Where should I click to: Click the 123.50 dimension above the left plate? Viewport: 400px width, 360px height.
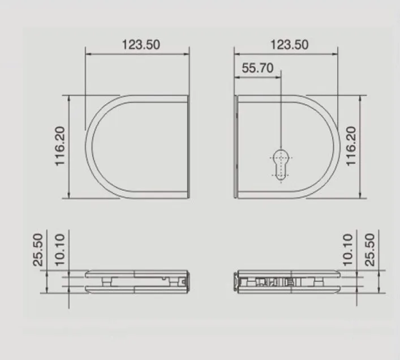click(x=141, y=44)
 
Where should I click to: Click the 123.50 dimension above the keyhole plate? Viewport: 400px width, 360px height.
click(x=290, y=44)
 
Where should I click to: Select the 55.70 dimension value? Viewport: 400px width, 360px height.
click(x=257, y=68)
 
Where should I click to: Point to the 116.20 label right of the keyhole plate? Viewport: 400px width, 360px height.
click(x=350, y=147)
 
